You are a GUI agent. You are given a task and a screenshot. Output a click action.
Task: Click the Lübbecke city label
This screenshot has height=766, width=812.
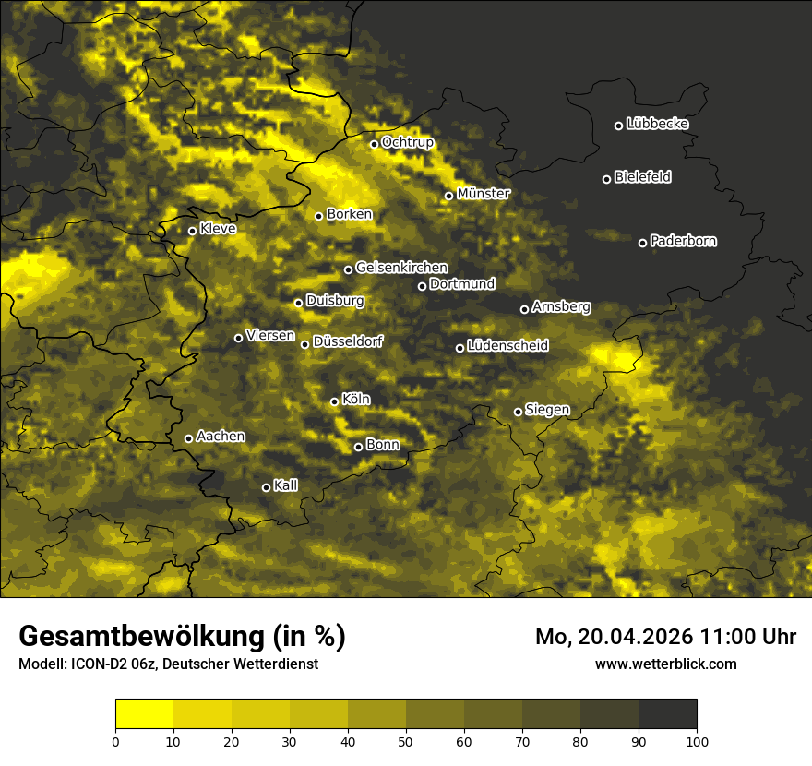tap(657, 124)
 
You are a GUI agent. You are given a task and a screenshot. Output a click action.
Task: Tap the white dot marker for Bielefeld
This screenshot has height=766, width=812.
tap(607, 179)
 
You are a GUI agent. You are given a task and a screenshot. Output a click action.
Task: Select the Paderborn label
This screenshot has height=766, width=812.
tap(683, 241)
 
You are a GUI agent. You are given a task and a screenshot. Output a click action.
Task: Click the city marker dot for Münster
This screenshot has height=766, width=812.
tap(449, 196)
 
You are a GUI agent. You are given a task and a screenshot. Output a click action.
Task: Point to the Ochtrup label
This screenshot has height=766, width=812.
tap(407, 142)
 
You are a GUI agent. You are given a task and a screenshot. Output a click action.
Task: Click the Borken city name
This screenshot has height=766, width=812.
tap(349, 214)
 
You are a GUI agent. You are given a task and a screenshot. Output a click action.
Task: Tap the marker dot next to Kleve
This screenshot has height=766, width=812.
tap(192, 231)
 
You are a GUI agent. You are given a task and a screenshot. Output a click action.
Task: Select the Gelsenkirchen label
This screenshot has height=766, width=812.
tap(401, 268)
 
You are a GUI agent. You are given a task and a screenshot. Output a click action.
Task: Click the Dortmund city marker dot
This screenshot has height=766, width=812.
tap(423, 286)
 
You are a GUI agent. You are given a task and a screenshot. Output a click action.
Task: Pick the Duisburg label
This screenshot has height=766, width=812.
tap(335, 301)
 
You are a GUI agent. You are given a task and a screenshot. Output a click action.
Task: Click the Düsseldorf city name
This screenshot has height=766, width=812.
tap(348, 341)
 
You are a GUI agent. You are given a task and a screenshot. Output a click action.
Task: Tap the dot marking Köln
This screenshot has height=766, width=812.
tap(335, 401)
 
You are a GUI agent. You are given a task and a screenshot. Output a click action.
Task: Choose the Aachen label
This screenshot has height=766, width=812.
tap(221, 436)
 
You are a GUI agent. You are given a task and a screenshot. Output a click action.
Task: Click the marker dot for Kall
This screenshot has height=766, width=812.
tap(266, 487)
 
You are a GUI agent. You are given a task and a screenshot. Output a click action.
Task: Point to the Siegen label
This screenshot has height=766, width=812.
tap(547, 410)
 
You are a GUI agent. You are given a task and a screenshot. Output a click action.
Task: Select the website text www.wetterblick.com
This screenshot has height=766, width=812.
tap(665, 664)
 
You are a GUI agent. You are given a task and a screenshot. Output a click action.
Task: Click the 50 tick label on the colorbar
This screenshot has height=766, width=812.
tap(406, 741)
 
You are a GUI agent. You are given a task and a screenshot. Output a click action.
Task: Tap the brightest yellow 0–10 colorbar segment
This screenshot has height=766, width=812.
tap(145, 714)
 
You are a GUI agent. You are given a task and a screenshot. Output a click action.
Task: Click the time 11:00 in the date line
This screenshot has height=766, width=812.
tap(704, 637)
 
